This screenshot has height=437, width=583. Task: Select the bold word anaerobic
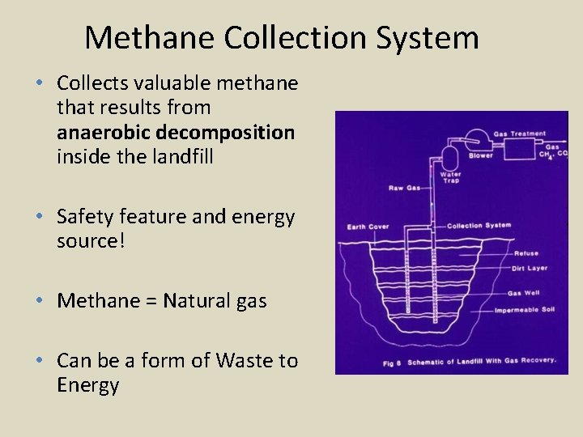[x=96, y=132]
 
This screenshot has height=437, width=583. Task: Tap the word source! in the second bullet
[x=91, y=241]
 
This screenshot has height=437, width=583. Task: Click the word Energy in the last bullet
[x=88, y=385]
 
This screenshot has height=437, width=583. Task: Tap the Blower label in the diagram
[x=480, y=155]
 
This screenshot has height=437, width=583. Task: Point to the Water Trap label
[x=450, y=177]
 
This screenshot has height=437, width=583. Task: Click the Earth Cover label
[x=368, y=227]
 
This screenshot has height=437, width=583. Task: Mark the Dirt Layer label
[x=529, y=268]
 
